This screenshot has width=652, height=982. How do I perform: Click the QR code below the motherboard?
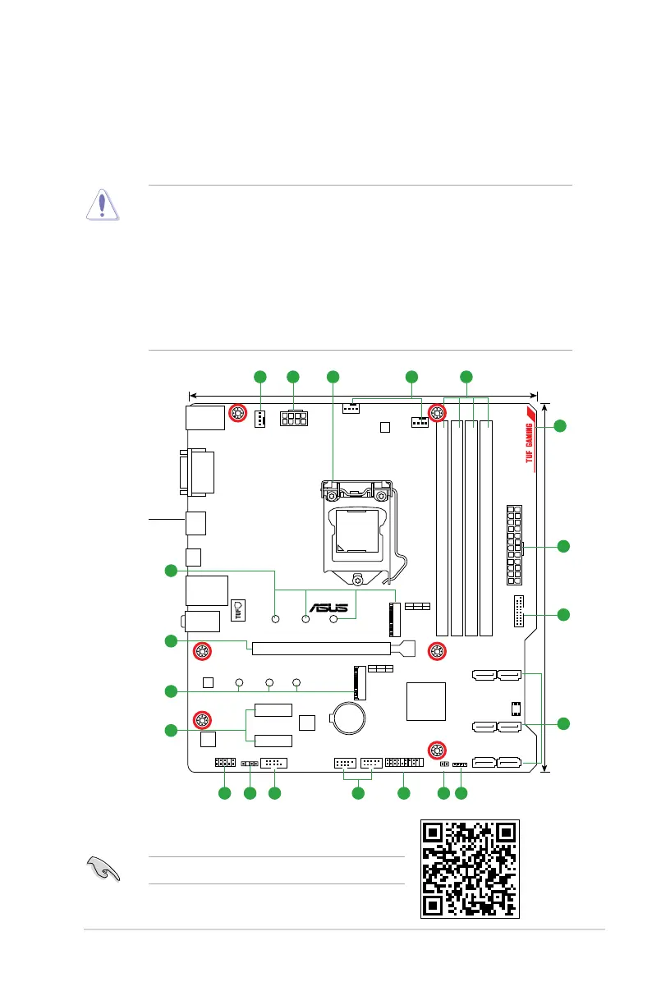click(470, 870)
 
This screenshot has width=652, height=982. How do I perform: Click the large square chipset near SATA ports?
click(426, 700)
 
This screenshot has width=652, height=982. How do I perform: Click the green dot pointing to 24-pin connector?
click(563, 546)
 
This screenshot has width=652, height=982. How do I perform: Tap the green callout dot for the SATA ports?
click(563, 723)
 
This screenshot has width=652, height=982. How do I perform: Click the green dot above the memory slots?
click(466, 377)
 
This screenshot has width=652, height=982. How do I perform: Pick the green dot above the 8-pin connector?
click(292, 377)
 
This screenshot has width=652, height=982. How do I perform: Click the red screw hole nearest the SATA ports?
click(437, 750)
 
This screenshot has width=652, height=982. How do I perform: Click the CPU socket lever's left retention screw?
click(330, 496)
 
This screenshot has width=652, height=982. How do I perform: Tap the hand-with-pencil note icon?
click(103, 869)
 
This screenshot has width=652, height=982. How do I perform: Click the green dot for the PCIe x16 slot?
click(170, 640)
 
